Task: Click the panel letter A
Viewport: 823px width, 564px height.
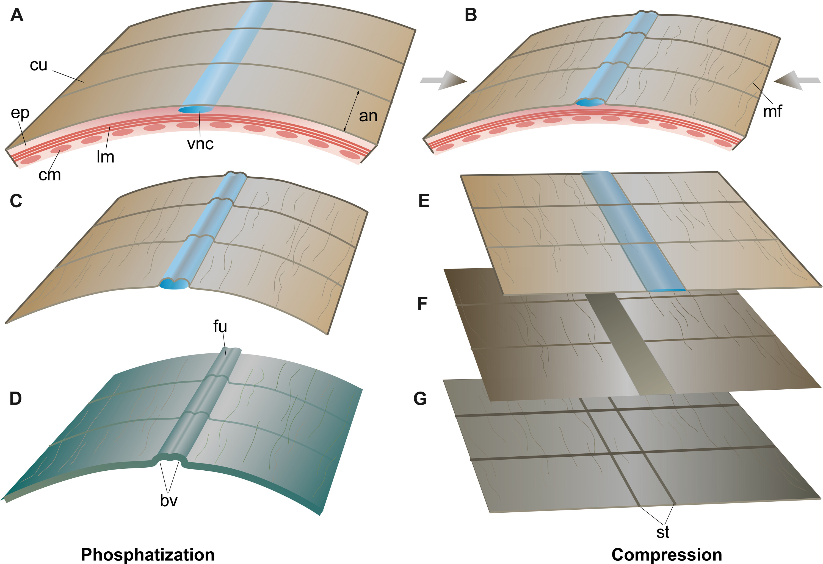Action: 17,16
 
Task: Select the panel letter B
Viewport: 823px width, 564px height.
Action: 471,16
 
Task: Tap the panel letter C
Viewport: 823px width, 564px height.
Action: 16,201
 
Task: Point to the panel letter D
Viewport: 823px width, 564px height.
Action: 16,399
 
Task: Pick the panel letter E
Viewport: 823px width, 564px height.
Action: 424,201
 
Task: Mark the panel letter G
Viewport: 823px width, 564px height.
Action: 420,399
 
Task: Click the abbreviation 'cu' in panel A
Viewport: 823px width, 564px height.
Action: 38,65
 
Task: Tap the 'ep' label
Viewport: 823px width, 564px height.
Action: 20,113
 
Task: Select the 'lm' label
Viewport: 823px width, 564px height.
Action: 106,157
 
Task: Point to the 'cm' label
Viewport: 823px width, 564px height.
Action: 49,175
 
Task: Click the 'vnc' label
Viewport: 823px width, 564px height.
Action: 200,144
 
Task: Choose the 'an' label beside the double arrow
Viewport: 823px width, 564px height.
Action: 368,116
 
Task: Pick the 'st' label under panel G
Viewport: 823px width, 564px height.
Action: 662,532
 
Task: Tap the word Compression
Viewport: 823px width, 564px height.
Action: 667,554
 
